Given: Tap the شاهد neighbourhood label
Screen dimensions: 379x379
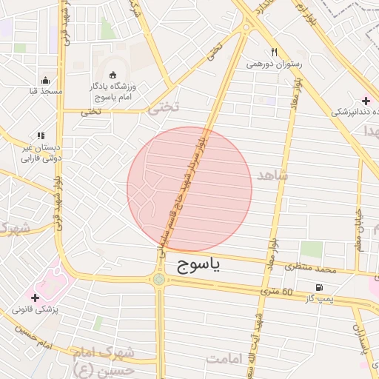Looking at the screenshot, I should pyautogui.click(x=273, y=175).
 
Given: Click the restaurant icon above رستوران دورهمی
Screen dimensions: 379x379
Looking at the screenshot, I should pyautogui.click(x=274, y=52).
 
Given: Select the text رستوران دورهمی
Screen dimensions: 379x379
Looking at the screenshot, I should pyautogui.click(x=275, y=64).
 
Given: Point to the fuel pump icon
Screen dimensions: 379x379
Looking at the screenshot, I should pyautogui.click(x=319, y=287).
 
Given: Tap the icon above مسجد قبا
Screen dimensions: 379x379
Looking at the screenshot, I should pyautogui.click(x=46, y=80).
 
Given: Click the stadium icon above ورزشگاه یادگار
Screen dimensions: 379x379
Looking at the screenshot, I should pyautogui.click(x=112, y=75).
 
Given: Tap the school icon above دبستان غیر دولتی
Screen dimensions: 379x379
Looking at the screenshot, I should pyautogui.click(x=41, y=135).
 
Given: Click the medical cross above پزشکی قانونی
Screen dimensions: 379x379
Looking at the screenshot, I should pyautogui.click(x=35, y=296).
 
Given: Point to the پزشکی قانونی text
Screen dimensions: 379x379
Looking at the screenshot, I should pyautogui.click(x=36, y=309).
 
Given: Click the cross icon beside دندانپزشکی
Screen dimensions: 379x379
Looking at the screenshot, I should pyautogui.click(x=366, y=100).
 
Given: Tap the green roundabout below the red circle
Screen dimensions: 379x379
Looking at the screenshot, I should pyautogui.click(x=159, y=279).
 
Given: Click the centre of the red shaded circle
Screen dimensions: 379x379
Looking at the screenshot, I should pyautogui.click(x=189, y=189).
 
